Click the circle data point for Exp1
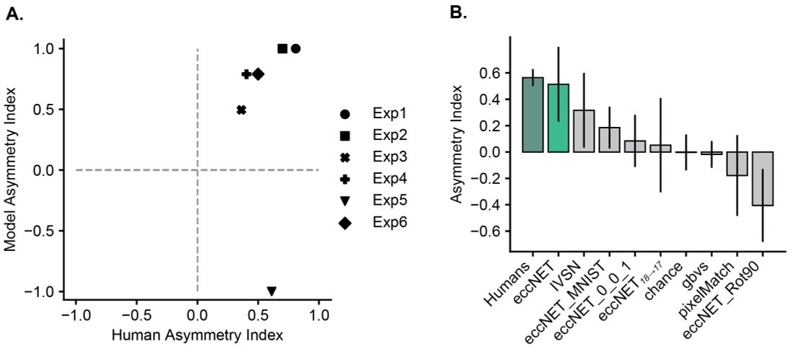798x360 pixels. (295, 48)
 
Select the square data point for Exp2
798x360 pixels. (282, 48)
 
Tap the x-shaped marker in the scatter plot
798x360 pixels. (241, 110)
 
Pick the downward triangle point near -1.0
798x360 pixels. (271, 291)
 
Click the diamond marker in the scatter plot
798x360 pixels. (258, 74)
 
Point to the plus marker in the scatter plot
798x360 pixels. (246, 74)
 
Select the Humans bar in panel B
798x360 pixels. (532, 115)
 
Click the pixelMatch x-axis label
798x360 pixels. (721, 288)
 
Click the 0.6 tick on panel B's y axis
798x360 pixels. (492, 73)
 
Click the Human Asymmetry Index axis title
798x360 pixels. (197, 336)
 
